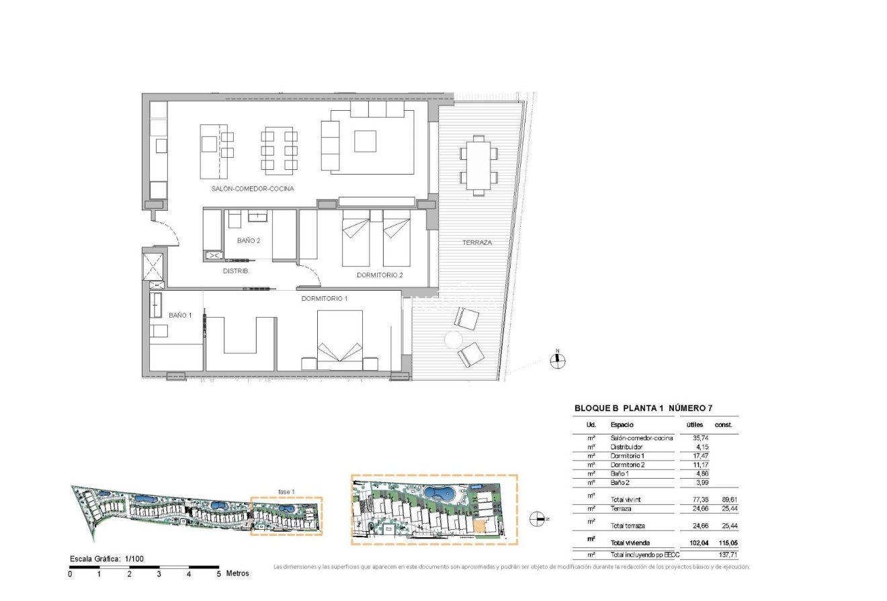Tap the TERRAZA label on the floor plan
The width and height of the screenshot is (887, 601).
coord(477,242)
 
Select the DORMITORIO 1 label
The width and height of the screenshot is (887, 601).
coord(325,298)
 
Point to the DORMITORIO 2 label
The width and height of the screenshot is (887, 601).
coord(380,275)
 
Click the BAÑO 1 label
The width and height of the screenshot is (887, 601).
coord(180,315)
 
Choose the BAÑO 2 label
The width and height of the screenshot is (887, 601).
coord(249,240)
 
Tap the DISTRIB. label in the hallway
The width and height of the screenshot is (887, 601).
coord(236,271)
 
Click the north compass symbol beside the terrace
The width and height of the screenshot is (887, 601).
coord(557,361)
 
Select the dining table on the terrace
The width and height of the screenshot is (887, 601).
coord(478,165)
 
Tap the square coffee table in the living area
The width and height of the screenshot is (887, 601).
coord(366,141)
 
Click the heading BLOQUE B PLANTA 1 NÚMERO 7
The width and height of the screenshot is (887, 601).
coord(643,408)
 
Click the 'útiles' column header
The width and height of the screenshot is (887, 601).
coord(694,425)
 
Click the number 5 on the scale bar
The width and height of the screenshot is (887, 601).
coord(218,574)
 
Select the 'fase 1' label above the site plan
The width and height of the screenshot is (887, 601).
coord(286,492)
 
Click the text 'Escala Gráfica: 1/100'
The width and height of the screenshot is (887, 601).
coord(107,559)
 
